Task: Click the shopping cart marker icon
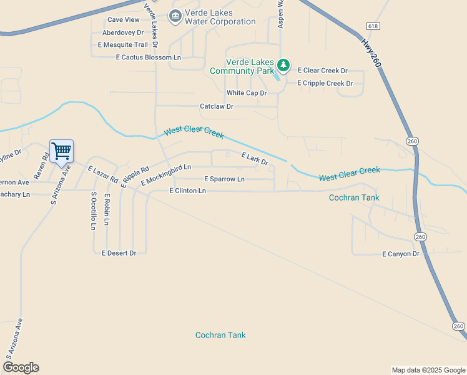[x=61, y=151]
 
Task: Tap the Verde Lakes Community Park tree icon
[x=283, y=65]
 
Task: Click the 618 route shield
[x=373, y=26]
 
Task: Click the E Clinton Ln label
[x=187, y=191]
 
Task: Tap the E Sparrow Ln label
[x=224, y=179]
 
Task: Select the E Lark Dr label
[x=254, y=160]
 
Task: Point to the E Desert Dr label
[x=119, y=253]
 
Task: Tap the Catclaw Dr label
[x=216, y=107]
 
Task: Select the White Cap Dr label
[x=246, y=93]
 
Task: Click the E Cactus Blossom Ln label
[x=148, y=57]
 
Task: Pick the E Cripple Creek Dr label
[x=325, y=83]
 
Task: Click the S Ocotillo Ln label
[x=93, y=211]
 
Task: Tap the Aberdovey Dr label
[x=123, y=32]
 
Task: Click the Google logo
[x=21, y=367]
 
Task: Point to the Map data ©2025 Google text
[x=428, y=370]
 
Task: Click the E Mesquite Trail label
[x=122, y=45]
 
